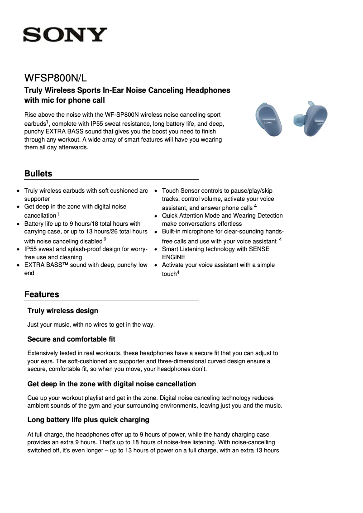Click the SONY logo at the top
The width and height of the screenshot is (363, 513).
tap(65, 35)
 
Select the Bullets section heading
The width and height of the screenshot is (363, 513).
tap(38, 174)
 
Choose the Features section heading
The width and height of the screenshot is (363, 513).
tap(42, 294)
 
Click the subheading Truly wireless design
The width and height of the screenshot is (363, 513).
tap(62, 311)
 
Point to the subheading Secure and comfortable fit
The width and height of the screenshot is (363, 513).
tap(71, 339)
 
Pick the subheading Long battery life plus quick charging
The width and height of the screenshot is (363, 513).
tap(88, 420)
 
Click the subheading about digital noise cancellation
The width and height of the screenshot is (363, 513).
tap(111, 384)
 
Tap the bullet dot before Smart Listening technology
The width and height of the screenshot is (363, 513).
tap(155, 249)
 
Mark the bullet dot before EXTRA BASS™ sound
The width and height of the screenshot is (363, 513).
tap(17, 265)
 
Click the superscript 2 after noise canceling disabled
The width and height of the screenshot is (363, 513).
tap(105, 239)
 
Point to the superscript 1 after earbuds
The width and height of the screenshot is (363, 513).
tap(48, 121)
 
